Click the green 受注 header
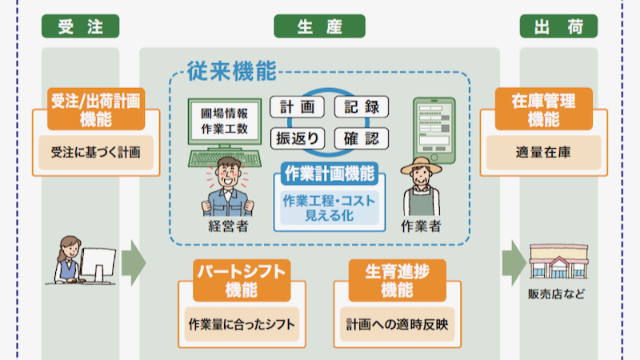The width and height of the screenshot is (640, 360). pyautogui.click(x=80, y=26)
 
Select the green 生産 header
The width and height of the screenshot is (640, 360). pyautogui.click(x=319, y=26)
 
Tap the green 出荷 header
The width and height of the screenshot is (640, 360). pyautogui.click(x=558, y=26)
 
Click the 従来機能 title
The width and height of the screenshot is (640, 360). pyautogui.click(x=232, y=72)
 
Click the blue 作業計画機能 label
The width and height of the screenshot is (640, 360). pyautogui.click(x=329, y=173)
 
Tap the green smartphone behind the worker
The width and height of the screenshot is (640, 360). pyautogui.click(x=433, y=128)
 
